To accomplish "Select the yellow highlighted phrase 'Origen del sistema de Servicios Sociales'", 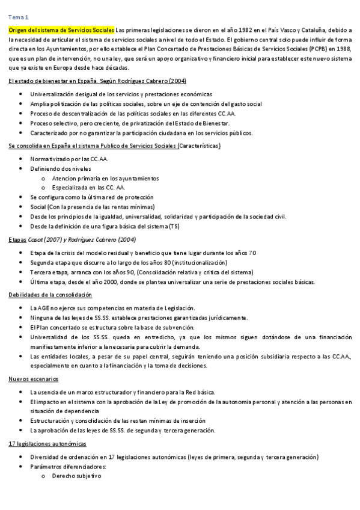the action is pos(61,30).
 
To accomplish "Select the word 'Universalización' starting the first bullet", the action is pos(53,94).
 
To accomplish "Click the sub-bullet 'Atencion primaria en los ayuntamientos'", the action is pos(105,178).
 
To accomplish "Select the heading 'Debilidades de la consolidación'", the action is pos(50,295).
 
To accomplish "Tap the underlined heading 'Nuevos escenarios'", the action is pos(34,379).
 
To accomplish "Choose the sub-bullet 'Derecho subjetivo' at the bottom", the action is pos(77,476).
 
